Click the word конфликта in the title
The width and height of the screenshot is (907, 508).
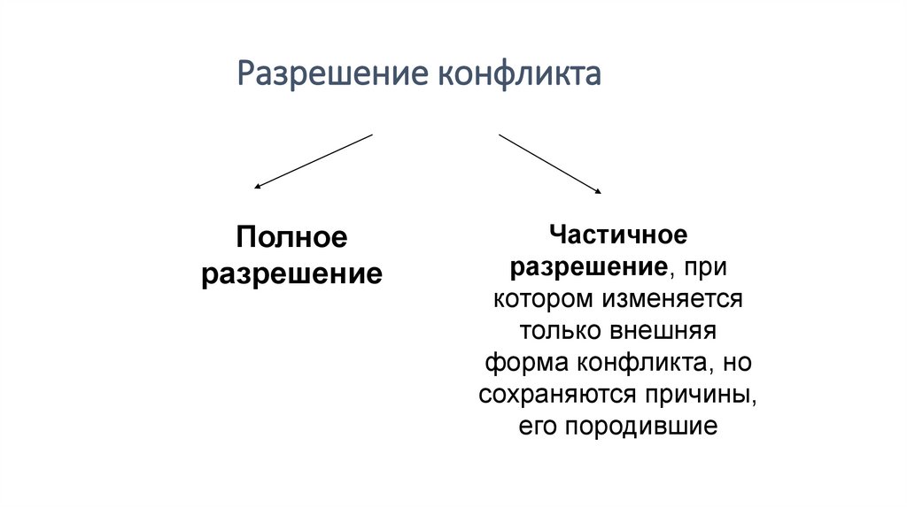[521, 74]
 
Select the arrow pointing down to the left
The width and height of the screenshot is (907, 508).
[314, 161]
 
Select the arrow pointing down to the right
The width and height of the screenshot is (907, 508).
[550, 163]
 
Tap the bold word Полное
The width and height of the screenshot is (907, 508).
[291, 237]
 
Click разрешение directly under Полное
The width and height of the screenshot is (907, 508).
[291, 273]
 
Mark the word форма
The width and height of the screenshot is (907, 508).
[525, 362]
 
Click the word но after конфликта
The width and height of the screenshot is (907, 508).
[738, 362]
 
